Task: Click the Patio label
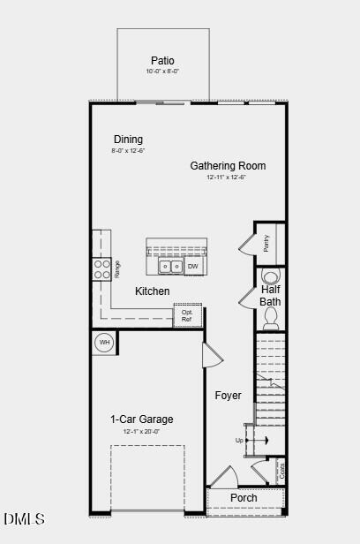[x=162, y=60]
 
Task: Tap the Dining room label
[x=128, y=140]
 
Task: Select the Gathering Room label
[x=228, y=166]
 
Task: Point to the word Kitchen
[x=152, y=291]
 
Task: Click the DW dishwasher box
[x=192, y=266]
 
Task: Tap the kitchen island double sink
[x=169, y=266]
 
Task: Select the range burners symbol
[x=102, y=269]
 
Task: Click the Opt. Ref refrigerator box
[x=187, y=315]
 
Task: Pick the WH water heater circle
[x=104, y=342]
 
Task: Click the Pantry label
[x=266, y=243]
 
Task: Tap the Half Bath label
[x=270, y=296]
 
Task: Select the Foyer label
[x=228, y=396]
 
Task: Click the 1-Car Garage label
[x=141, y=419]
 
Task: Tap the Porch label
[x=244, y=498]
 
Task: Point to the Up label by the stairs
[x=239, y=440]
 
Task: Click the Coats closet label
[x=281, y=471]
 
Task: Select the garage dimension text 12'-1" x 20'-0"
[x=141, y=432]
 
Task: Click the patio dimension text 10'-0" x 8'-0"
[x=162, y=72]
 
